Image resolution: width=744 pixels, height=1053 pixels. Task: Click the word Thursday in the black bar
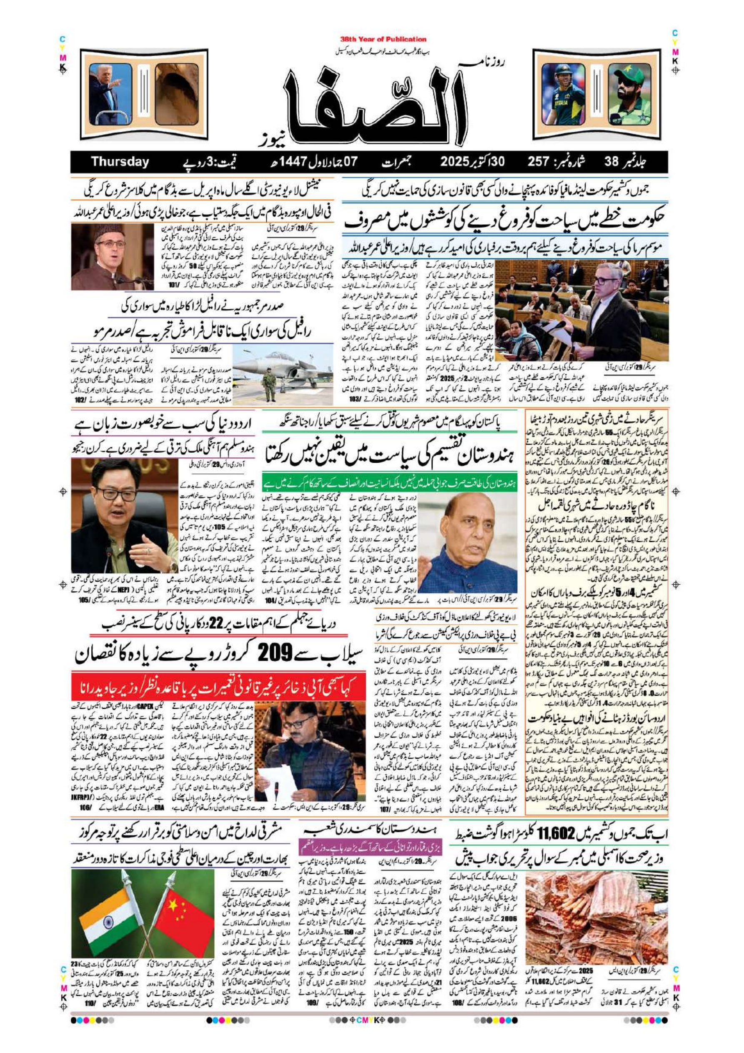click(x=120, y=162)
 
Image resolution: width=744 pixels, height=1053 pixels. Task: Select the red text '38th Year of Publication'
click(x=383, y=40)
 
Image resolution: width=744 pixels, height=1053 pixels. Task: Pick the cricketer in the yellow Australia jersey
click(x=563, y=94)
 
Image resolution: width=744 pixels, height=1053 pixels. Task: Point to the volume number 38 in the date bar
click(x=611, y=162)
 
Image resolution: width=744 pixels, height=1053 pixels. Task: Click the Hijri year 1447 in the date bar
click(x=289, y=162)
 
